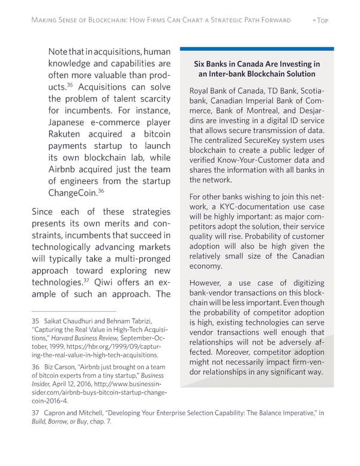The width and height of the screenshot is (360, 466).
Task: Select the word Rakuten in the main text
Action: coord(71,133)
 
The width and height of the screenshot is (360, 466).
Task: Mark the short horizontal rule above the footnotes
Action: coord(66,311)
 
